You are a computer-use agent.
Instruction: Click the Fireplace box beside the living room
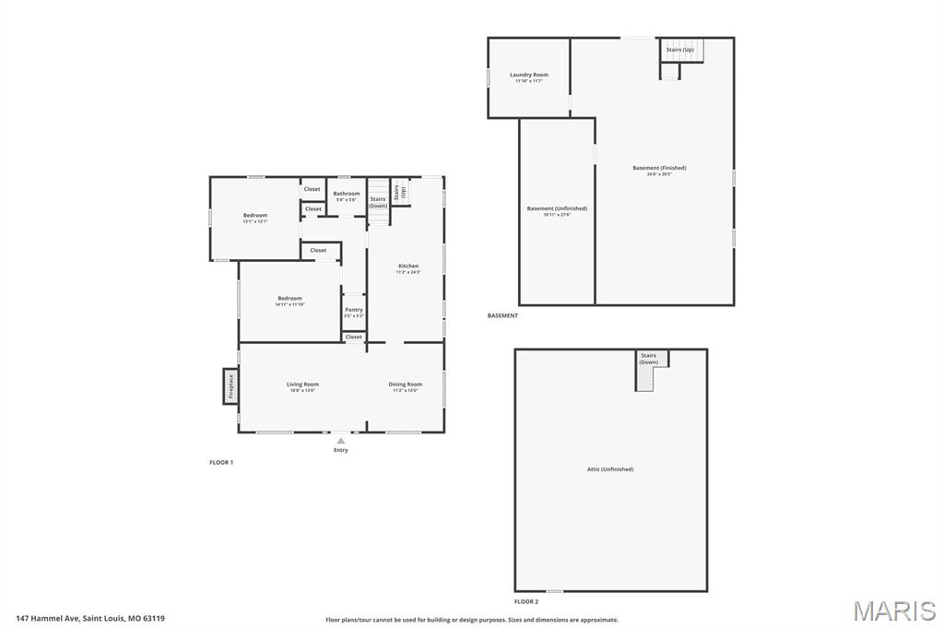[230, 386]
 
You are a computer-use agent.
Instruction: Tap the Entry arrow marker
[341, 441]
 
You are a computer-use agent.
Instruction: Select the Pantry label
[354, 310]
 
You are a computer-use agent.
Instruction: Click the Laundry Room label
[529, 75]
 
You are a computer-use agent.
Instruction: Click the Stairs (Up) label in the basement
[680, 49]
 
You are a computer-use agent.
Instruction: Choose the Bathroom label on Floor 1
[347, 194]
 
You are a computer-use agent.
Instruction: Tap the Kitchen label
[408, 266]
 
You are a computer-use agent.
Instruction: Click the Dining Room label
[406, 384]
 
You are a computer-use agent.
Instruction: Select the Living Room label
[302, 384]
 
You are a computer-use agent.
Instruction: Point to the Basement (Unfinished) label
[557, 208]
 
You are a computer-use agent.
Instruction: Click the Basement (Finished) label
[659, 168]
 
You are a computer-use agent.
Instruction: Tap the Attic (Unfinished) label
[610, 469]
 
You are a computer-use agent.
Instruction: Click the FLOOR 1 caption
[221, 462]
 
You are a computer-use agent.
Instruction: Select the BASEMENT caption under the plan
[502, 315]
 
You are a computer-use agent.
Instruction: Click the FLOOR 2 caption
[526, 600]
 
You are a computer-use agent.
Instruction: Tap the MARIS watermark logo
[893, 611]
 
